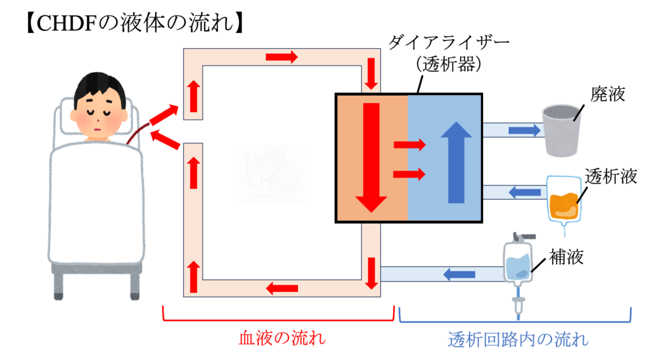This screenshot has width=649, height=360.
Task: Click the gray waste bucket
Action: click(561, 131)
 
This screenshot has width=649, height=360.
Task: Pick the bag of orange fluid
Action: click(563, 199)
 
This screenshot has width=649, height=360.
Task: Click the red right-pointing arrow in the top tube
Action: click(281, 58)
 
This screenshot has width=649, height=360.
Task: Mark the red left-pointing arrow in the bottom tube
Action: click(282, 289)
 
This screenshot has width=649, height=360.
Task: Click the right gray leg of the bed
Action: click(135, 285)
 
